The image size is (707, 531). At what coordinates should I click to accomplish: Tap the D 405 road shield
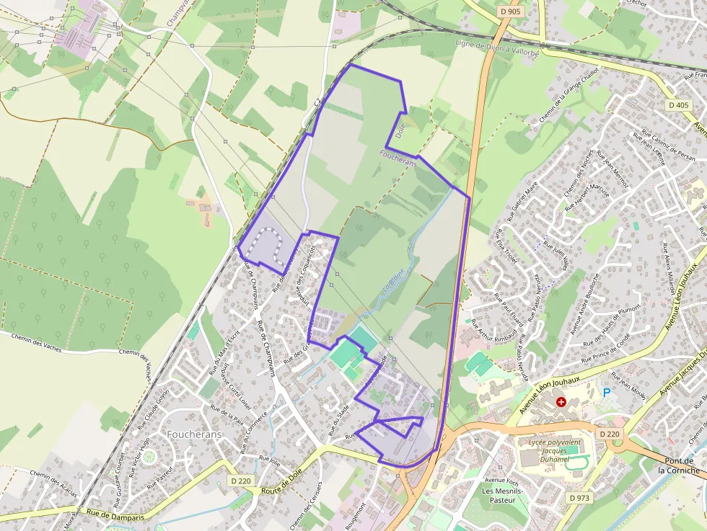678,105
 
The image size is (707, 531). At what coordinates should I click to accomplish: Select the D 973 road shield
579,498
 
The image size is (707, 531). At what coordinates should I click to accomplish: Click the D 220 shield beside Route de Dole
242,481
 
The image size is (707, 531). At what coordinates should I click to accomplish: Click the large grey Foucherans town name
194,434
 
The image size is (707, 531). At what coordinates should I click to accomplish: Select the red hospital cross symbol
561,401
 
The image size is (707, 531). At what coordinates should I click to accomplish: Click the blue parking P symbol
607,393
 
